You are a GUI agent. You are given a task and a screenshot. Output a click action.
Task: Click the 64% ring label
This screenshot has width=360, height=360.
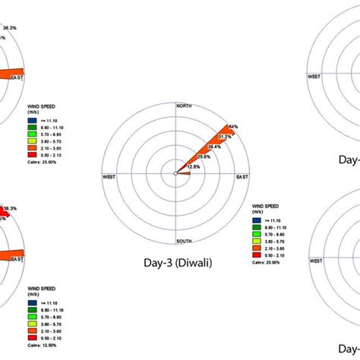tap(232, 127)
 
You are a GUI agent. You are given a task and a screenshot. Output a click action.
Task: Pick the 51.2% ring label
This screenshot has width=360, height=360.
tap(224, 137)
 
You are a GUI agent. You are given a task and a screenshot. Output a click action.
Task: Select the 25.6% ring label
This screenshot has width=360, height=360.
tap(203, 156)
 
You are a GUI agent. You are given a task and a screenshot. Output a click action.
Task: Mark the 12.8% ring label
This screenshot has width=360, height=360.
tap(193, 166)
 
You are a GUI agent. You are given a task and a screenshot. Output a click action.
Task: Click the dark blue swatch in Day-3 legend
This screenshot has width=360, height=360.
tap(254, 218)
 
